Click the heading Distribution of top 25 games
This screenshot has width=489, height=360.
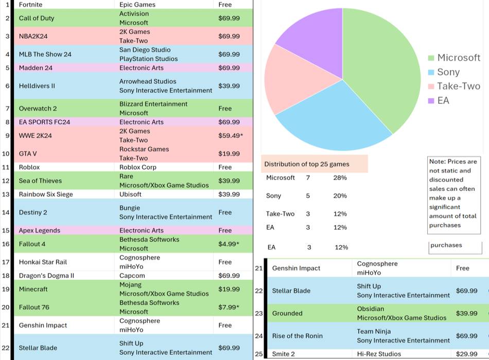click(x=307, y=164)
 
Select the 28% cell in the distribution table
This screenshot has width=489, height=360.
click(x=340, y=178)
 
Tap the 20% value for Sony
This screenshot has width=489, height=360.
click(x=340, y=196)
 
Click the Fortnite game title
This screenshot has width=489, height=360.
click(x=31, y=5)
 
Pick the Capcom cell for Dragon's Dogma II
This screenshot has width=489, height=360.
click(x=132, y=276)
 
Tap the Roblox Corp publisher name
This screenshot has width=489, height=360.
click(x=137, y=167)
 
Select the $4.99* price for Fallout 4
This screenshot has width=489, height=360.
click(x=229, y=244)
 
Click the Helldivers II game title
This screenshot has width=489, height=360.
click(x=37, y=86)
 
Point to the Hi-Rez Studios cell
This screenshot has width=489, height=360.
click(x=379, y=354)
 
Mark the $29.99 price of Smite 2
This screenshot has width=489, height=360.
click(x=466, y=354)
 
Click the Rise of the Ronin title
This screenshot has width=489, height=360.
click(x=298, y=336)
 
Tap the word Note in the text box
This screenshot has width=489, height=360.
click(x=437, y=161)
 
